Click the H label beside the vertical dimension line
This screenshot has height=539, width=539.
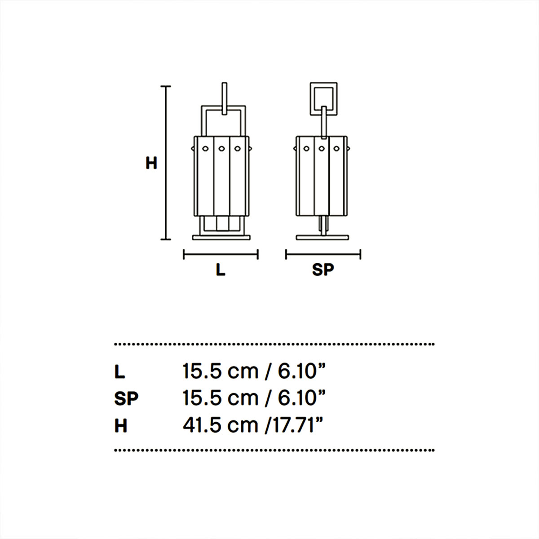tap(151, 163)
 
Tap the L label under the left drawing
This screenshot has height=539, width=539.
tap(221, 270)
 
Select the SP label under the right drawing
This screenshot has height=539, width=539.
tap(323, 270)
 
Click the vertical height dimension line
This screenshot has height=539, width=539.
tap(166, 163)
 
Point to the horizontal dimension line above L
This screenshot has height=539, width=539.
tap(221, 255)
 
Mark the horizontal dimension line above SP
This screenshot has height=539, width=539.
tap(323, 255)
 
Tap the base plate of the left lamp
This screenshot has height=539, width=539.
tap(221, 237)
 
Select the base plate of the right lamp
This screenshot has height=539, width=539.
tap(323, 237)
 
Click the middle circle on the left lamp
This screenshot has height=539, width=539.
tap(221, 148)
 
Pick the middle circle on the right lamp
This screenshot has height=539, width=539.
tap(321, 148)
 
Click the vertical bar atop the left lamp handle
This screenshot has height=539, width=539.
tap(225, 98)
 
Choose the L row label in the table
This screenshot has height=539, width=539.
tap(120, 372)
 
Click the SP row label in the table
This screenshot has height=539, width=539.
tap(126, 398)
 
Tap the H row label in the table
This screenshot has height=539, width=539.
tap(121, 425)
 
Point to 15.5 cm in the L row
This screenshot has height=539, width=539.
tap(220, 371)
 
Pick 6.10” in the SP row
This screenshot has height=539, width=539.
tap(301, 398)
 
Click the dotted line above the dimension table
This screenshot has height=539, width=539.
tap(274, 345)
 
